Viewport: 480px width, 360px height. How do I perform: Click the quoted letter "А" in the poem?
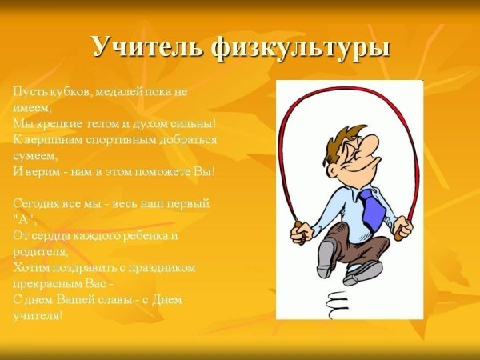(x=24, y=219)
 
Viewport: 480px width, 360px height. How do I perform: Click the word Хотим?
(x=30, y=267)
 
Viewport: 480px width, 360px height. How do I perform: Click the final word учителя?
(x=37, y=314)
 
